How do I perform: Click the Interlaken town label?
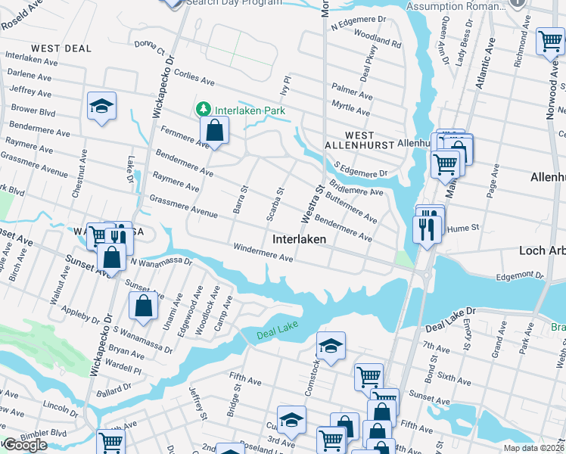coord(299,238)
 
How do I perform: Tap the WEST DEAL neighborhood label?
coord(61,48)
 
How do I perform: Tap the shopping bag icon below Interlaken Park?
coord(215,131)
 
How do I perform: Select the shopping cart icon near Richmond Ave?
coord(549,42)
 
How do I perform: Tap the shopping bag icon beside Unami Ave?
coord(143,306)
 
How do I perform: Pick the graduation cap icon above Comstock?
coord(330,346)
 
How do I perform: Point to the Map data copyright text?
coord(534,448)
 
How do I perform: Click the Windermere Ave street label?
coord(263,253)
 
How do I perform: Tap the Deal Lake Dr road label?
coord(449,310)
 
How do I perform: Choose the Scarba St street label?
coord(275,205)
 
